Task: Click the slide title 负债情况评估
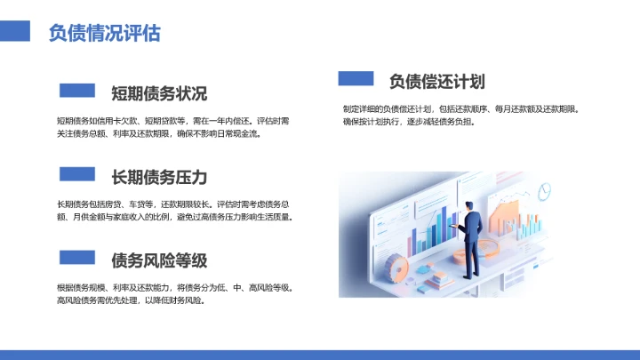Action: point(105,34)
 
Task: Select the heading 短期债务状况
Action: point(159,93)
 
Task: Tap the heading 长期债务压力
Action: point(159,176)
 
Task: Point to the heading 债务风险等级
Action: point(159,260)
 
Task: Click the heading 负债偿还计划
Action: point(436,82)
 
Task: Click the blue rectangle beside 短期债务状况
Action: point(76,91)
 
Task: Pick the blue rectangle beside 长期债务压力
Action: point(76,174)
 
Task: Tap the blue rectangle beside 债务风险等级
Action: point(76,258)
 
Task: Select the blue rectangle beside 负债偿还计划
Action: point(356,78)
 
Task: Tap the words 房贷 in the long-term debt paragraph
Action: point(124,204)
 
